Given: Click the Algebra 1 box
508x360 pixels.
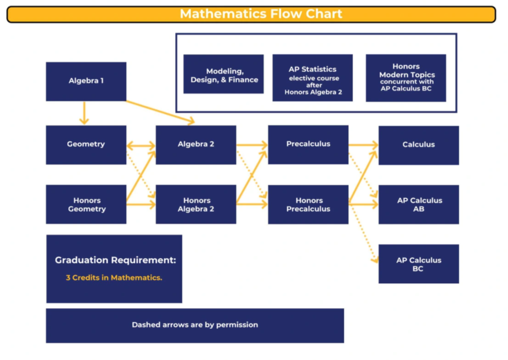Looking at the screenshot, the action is [86, 81].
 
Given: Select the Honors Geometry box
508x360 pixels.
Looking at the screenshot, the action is [86, 204].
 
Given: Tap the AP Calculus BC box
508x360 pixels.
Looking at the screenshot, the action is [419, 264].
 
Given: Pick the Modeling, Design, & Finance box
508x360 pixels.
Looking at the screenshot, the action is [224, 74].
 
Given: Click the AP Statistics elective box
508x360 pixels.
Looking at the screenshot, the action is [313, 78].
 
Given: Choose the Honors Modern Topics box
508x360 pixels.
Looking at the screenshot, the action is [406, 78].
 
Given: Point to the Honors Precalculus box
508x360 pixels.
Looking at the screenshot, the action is [308, 205].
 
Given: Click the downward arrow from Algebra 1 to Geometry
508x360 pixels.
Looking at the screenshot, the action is [84, 113].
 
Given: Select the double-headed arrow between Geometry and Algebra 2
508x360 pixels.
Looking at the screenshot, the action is [141, 145].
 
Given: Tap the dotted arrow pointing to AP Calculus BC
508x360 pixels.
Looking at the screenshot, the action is [364, 233].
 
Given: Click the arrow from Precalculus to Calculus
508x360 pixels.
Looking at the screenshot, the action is [364, 145].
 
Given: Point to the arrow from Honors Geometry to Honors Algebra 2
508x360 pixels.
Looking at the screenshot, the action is [141, 204].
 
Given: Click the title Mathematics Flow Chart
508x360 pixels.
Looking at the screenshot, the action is [261, 14].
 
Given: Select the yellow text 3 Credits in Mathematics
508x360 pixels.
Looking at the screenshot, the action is [114, 278].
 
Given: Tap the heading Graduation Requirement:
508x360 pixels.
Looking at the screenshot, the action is [115, 260].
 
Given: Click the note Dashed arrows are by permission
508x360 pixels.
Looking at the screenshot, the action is [195, 325].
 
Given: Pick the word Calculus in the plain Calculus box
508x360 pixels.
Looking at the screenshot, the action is [419, 144].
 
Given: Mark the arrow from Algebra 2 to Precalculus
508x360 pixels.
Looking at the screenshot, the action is [252, 145].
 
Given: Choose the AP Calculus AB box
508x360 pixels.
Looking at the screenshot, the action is [419, 205].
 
